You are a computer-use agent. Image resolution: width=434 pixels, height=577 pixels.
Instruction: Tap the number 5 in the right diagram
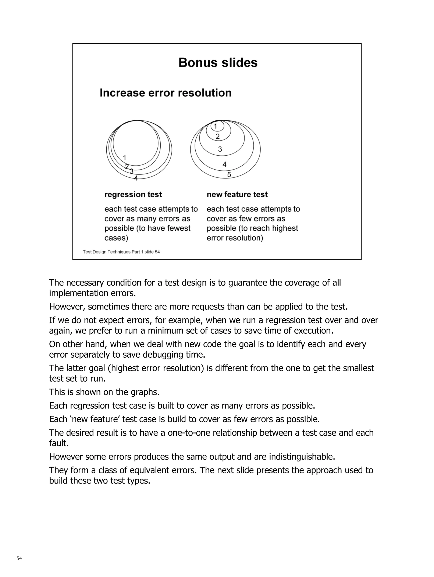click(x=229, y=174)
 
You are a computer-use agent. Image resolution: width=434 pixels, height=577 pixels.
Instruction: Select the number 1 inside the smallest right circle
click(x=216, y=127)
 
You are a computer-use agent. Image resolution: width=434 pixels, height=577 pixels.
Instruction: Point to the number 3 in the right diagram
click(x=220, y=149)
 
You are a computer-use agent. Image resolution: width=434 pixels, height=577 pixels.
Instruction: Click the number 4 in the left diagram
click(x=136, y=178)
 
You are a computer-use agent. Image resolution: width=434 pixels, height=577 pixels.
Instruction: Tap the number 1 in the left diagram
click(x=125, y=158)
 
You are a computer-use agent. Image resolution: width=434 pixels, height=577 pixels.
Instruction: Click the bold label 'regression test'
click(x=133, y=195)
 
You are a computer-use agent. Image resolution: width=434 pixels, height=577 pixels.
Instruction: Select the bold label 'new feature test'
click(x=237, y=195)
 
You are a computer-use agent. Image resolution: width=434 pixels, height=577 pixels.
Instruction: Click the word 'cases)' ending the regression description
click(x=116, y=238)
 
